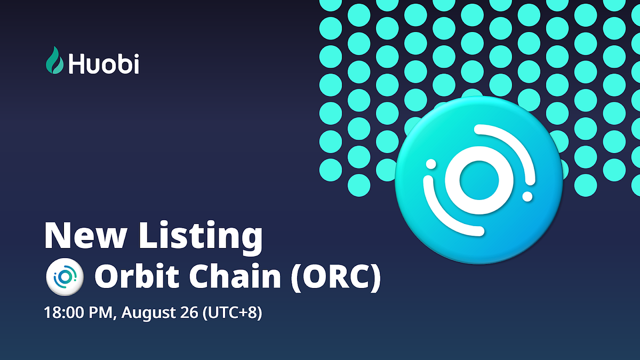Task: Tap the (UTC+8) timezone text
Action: tap(233, 313)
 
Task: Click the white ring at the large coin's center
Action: tap(478, 180)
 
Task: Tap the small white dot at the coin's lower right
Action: tap(527, 197)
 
